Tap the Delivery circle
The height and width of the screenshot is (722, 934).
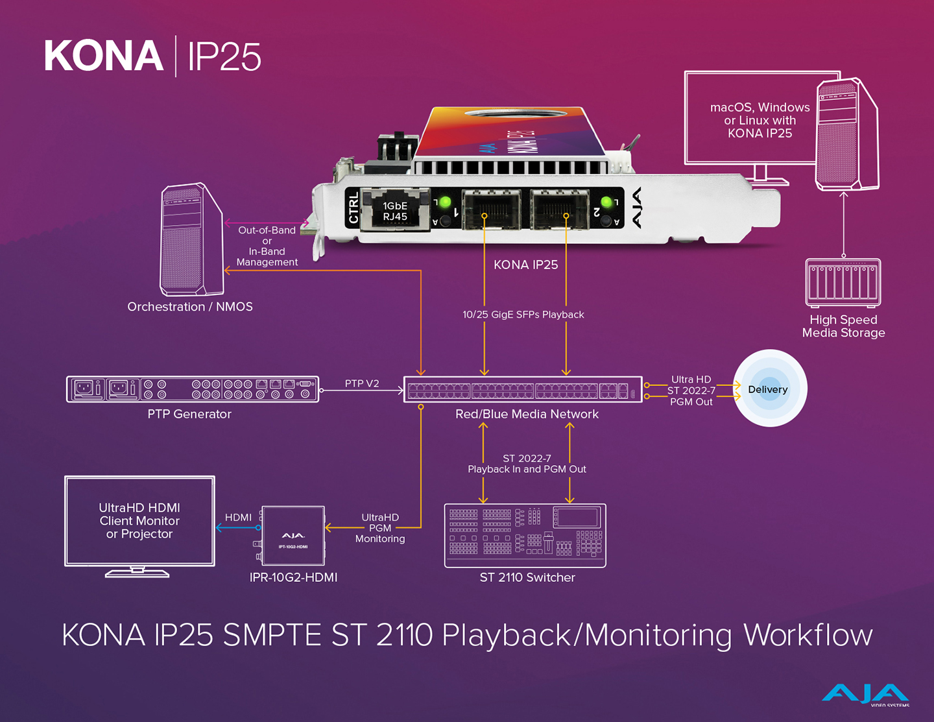coord(769,389)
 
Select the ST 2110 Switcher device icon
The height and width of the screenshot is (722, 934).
coord(525,535)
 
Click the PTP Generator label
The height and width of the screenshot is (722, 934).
coord(189,414)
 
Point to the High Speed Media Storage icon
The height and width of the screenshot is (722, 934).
coord(843,282)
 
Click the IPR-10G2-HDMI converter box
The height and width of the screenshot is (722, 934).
coord(293,535)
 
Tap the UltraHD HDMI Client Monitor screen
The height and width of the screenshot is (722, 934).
coord(139,521)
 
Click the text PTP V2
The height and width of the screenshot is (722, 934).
coord(362,383)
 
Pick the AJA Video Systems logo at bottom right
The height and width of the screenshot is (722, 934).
coord(865,695)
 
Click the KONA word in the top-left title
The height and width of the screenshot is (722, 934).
coord(104,56)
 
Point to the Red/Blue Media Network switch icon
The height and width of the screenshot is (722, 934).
coord(523,390)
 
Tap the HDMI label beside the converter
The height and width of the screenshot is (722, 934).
coord(238,517)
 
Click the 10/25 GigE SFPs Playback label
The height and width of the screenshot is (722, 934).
coord(523,315)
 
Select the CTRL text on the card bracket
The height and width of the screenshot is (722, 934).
coord(353,208)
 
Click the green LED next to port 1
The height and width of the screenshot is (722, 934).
coord(445,202)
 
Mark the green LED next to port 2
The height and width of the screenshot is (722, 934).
coord(606,202)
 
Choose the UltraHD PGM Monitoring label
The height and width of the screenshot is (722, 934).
coord(380,528)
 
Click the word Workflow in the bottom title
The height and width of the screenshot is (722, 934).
coord(808,635)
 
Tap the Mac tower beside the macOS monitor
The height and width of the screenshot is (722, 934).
coord(847,135)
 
